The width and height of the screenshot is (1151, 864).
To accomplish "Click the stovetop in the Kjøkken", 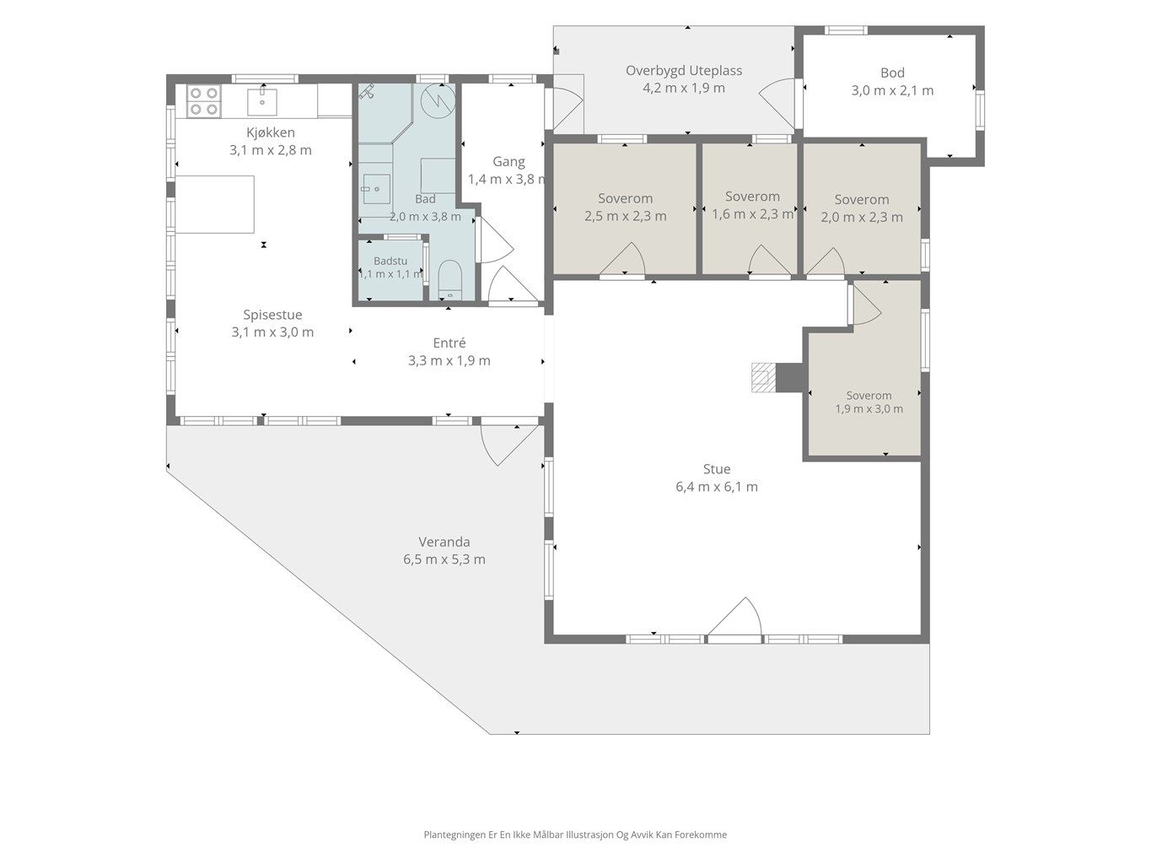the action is tap(204, 100).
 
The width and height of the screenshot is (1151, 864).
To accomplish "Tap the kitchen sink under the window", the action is tap(262, 101).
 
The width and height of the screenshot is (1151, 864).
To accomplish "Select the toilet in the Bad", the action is tap(449, 280).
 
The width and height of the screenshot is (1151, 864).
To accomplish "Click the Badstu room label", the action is tap(390, 261).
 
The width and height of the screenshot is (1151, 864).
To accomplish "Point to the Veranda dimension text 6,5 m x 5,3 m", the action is tap(444, 559).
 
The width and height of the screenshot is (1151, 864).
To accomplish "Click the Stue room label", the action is tap(716, 468).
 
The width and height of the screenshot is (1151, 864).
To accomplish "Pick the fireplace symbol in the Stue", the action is tap(763, 377).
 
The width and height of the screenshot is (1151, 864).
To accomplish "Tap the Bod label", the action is tap(892, 73).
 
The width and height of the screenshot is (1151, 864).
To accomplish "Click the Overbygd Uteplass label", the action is tap(684, 70).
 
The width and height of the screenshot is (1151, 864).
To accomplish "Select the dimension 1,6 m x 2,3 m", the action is tap(752, 214).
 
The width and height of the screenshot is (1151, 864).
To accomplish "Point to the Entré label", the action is tap(449, 343).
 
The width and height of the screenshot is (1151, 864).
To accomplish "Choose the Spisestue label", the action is tap(272, 315).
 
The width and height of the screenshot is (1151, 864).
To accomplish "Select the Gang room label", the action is tap(508, 161).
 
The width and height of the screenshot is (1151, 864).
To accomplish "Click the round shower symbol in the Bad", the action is tap(438, 100).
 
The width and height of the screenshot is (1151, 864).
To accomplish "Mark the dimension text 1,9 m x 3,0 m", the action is tap(869, 408).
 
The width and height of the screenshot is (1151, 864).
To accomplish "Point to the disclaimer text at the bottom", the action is tap(575, 834).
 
